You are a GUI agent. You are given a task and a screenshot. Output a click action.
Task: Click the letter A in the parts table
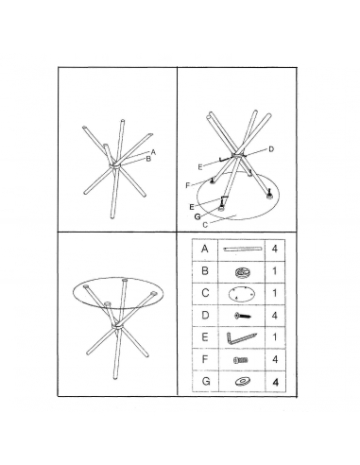point(204,250)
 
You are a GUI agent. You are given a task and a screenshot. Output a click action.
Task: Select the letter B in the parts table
point(204,271)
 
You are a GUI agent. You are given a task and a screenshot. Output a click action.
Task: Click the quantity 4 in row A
point(276,250)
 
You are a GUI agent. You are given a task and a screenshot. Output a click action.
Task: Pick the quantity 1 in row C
point(276,294)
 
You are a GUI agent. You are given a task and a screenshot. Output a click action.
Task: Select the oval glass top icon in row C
point(238,294)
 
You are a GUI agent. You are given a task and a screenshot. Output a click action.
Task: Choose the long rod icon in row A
point(238,250)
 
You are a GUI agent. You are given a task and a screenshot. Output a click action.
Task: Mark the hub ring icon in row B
point(238,272)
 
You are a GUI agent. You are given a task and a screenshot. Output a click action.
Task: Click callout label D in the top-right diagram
point(270,148)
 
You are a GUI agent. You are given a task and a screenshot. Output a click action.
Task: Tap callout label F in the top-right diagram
point(188,183)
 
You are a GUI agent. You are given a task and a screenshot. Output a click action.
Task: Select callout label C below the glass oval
point(205,225)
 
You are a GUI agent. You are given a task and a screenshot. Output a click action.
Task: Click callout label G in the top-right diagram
point(197,215)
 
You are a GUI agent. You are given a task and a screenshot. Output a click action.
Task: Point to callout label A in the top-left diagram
point(153,151)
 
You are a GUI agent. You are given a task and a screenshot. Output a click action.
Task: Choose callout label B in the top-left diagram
point(148,159)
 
